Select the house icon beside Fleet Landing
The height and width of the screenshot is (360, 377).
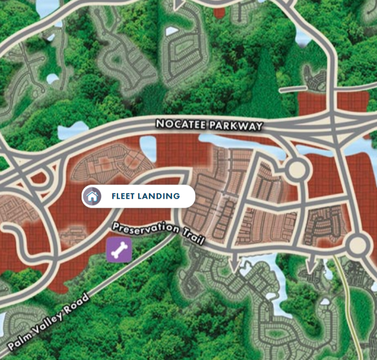92,197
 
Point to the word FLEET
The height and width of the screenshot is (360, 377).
124,197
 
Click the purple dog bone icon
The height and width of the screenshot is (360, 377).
120,250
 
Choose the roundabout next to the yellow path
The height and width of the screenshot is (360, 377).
358,244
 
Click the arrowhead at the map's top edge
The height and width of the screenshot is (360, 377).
180,4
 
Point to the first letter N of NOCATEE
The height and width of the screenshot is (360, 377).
159,124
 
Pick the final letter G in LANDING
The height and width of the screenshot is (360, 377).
177,197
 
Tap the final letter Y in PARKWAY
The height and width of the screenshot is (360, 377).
259,127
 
